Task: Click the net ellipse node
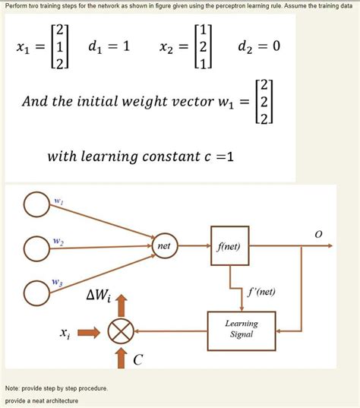pyautogui.click(x=164, y=247)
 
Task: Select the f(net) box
pyautogui.click(x=229, y=246)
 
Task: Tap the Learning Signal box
pyautogui.click(x=242, y=329)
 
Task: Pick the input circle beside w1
pyautogui.click(x=36, y=204)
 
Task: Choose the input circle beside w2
pyautogui.click(x=36, y=248)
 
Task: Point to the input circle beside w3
pyautogui.click(x=36, y=291)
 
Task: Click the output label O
pyautogui.click(x=318, y=235)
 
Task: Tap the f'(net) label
pyautogui.click(x=261, y=291)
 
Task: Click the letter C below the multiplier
pyautogui.click(x=137, y=360)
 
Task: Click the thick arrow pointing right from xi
pyautogui.click(x=88, y=331)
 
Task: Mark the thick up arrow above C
pyautogui.click(x=121, y=356)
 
